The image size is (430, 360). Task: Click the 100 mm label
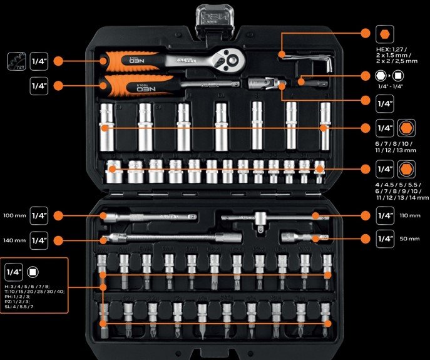point(13,215)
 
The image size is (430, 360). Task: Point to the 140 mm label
point(13,240)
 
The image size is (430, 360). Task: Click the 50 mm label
point(409,239)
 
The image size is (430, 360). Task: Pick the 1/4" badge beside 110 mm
point(386,215)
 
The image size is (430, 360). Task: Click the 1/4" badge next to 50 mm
point(386,239)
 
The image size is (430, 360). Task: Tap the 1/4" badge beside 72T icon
point(39,61)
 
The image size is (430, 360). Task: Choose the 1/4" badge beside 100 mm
point(39,215)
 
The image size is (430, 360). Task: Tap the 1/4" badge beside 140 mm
point(39,240)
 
